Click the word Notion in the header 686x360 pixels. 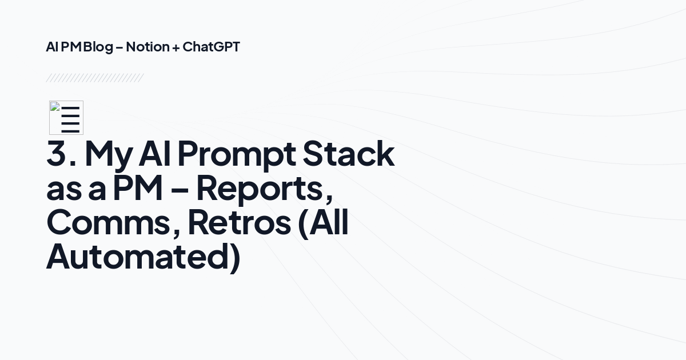click(147, 47)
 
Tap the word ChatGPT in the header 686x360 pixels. click(212, 47)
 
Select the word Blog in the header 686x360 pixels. click(98, 47)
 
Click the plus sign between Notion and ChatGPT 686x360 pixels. click(176, 48)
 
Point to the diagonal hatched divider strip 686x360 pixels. click(95, 78)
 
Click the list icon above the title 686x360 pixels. click(66, 118)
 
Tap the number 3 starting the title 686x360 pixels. click(57, 153)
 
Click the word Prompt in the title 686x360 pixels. click(237, 155)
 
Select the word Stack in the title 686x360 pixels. click(349, 153)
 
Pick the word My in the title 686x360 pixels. click(109, 155)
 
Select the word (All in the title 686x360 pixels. click(323, 223)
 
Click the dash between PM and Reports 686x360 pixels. click(180, 190)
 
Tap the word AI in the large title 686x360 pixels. click(154, 153)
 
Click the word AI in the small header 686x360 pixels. click(52, 47)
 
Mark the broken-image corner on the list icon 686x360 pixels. click(55, 106)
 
